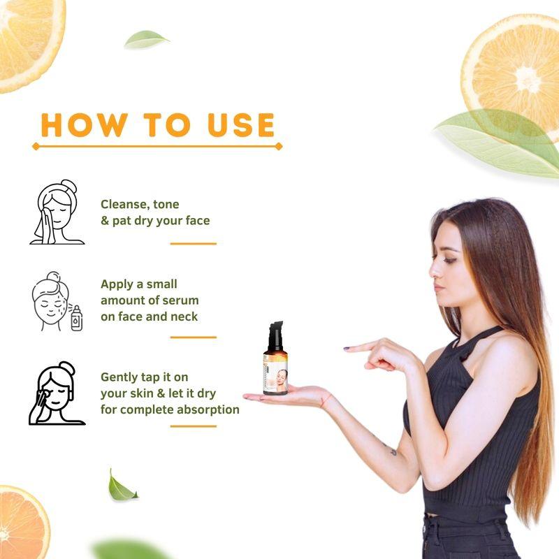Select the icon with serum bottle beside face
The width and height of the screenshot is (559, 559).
tap(57, 302)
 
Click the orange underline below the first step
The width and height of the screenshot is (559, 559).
tap(193, 244)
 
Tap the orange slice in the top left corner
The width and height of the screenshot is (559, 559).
tap(28, 38)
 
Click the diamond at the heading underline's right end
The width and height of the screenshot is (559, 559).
tap(279, 147)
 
